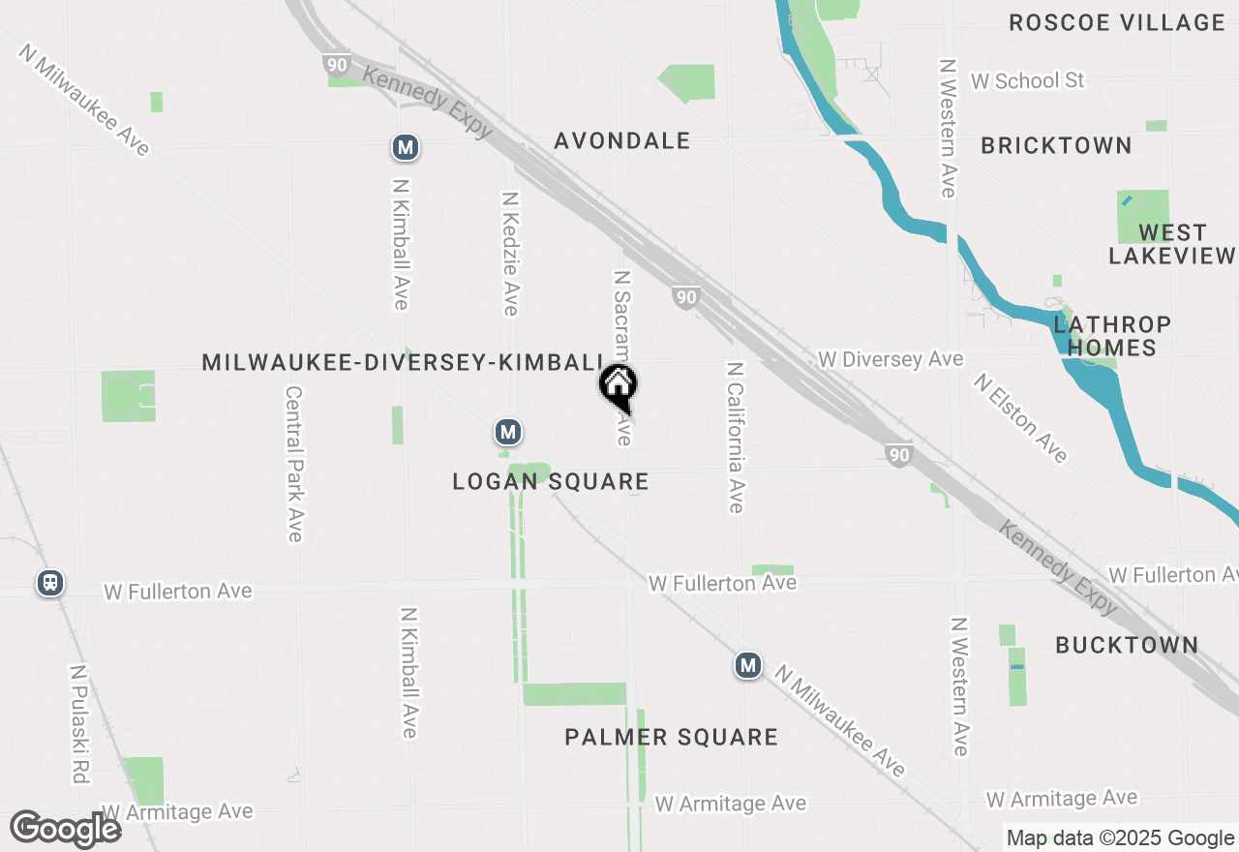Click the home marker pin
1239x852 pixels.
point(618,385)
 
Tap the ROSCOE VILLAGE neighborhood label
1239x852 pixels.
point(1116,22)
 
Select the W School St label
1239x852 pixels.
point(1027,80)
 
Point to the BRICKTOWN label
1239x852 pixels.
point(1056,145)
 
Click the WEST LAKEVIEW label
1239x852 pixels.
point(1171,244)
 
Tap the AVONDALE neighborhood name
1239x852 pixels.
point(621,140)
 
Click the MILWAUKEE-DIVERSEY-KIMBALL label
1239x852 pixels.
point(403,362)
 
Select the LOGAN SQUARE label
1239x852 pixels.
point(550,481)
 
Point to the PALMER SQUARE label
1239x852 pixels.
point(671,738)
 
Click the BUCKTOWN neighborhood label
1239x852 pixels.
point(1127,645)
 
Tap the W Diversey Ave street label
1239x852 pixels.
point(890,359)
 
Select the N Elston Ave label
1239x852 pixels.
point(1021,418)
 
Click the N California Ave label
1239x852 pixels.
point(736,438)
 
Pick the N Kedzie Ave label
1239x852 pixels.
point(510,254)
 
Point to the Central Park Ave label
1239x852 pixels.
point(294,464)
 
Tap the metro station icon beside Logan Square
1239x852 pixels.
point(507,432)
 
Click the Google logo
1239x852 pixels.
point(65,829)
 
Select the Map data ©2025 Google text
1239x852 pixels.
point(1120,838)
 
